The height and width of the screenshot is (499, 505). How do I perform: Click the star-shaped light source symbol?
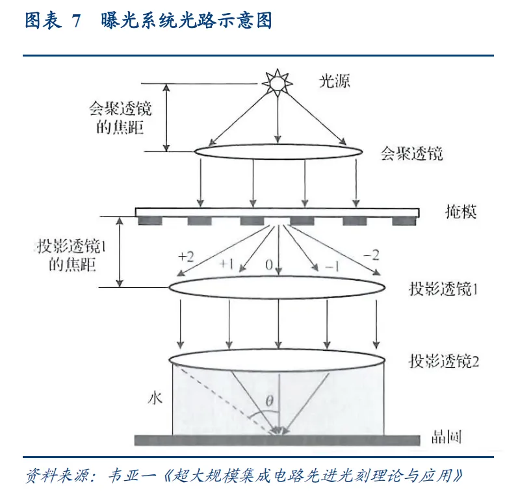point(278,83)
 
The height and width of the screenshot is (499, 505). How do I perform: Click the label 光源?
point(334,82)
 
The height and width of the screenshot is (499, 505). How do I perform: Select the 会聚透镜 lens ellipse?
point(278,150)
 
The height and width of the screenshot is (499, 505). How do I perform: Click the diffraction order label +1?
point(226,264)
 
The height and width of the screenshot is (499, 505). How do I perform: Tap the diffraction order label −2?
point(371,255)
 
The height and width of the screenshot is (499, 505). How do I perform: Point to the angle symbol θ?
point(270,402)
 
